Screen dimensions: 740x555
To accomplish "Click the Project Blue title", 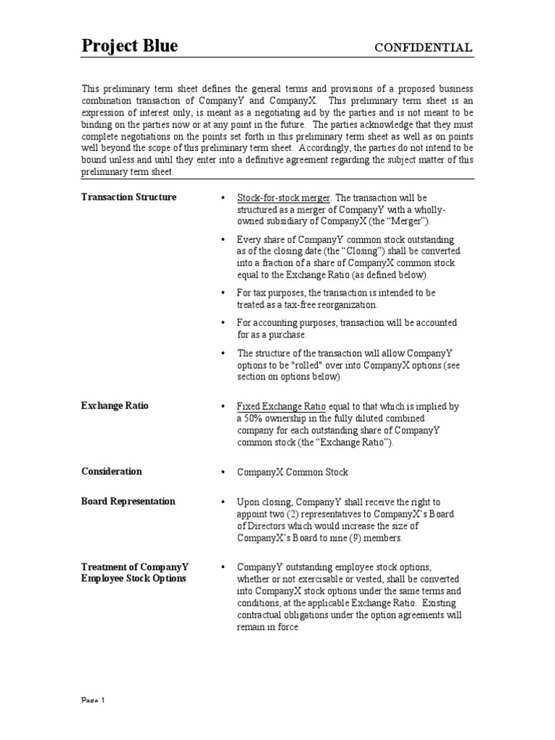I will (x=129, y=47).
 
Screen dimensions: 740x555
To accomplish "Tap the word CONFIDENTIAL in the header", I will (x=423, y=48).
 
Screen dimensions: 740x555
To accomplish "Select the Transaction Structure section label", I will (x=129, y=197).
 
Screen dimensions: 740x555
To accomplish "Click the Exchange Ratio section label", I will (x=115, y=405).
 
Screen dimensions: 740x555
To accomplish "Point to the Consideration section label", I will (x=111, y=471).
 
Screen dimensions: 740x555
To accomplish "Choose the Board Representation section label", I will (x=128, y=501).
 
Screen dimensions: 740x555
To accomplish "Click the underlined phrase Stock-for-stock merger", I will (x=283, y=197).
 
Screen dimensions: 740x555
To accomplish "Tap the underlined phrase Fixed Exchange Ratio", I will (x=275, y=406).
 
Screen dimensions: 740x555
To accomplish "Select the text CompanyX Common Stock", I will (x=293, y=472).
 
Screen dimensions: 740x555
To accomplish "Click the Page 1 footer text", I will (x=93, y=735).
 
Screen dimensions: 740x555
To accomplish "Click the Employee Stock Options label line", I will (x=134, y=578).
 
